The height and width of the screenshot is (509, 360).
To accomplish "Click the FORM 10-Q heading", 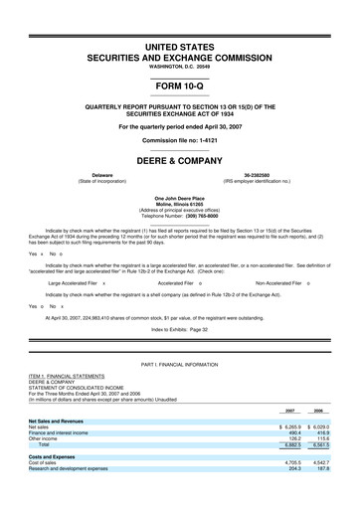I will click(179, 85).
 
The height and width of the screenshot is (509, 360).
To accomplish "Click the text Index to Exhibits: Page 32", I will click(179, 328).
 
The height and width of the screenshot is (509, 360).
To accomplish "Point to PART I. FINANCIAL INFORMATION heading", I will click(179, 370).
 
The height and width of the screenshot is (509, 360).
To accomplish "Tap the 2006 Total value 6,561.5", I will click(320, 472).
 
